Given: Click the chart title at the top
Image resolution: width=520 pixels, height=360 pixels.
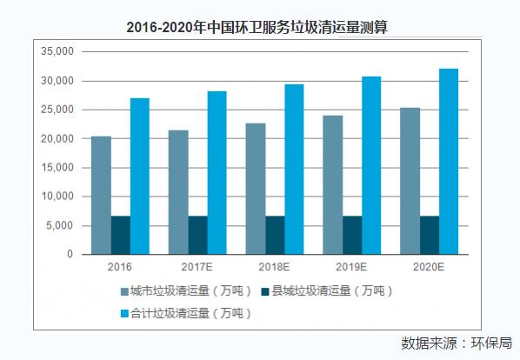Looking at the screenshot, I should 260,27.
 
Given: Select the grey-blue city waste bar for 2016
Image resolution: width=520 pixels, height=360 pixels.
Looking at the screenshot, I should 101,196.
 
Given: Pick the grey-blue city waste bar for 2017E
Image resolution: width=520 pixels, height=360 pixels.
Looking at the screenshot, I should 178,192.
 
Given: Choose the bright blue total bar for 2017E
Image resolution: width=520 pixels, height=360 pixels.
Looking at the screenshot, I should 217,173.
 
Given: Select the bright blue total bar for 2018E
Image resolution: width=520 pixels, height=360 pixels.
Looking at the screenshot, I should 294,170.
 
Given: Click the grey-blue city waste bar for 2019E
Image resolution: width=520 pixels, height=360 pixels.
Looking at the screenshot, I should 332,185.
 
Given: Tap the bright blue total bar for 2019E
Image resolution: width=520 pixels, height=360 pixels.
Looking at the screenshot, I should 370,165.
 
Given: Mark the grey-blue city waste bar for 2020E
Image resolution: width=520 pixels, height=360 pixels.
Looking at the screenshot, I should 410,181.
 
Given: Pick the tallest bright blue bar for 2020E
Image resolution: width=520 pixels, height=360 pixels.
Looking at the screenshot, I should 448,162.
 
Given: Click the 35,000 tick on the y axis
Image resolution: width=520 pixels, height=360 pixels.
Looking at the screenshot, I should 58,52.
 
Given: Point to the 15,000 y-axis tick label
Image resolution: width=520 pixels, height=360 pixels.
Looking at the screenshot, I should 58,168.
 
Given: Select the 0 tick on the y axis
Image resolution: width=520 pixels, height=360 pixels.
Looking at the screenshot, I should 70,255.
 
